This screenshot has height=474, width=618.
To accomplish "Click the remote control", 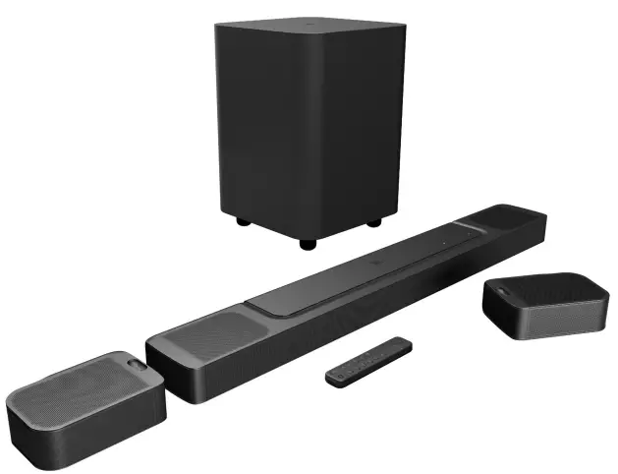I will coord(369,361).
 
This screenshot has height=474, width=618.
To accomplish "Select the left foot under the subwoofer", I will coord(242,222).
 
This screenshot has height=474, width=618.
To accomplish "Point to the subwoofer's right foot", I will coord(373,223).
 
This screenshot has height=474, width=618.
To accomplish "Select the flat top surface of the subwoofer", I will coord(309,30).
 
